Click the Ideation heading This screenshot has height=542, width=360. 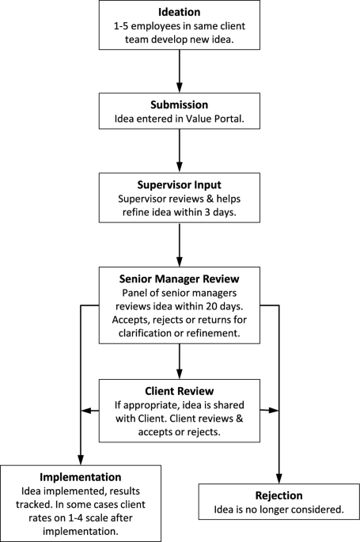coord(179,13)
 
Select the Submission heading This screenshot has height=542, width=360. coord(179,104)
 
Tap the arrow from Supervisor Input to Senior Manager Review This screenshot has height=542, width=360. coord(179,241)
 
